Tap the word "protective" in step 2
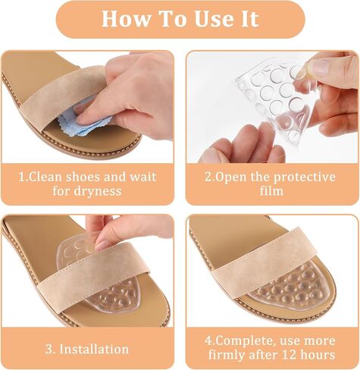(304, 177)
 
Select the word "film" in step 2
(271, 190)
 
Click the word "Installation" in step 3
(94, 349)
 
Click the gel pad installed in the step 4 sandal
(293, 285)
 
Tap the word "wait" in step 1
(143, 177)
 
